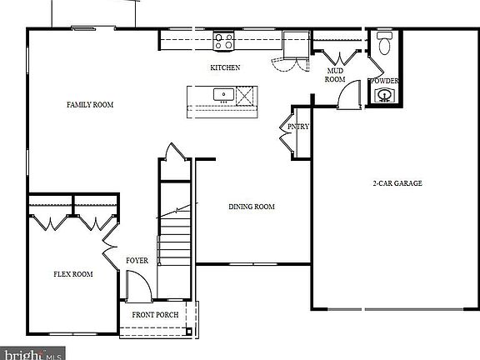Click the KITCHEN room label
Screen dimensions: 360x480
coord(225,67)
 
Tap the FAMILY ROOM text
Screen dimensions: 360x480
coord(90,105)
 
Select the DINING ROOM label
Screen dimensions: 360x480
coord(252,207)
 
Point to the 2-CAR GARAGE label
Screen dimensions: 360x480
coord(397,183)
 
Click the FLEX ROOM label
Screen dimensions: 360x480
coord(73,273)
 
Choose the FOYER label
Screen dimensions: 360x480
coord(137,261)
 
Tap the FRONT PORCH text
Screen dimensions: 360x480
coord(155,315)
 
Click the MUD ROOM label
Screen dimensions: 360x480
coord(334,76)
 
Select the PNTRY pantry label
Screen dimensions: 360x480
coord(298,127)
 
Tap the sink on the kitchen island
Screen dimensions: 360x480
coord(222,95)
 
